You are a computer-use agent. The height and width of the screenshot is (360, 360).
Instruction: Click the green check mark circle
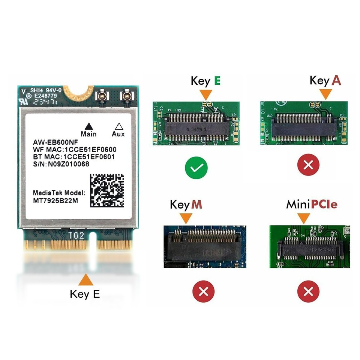pos(196,169)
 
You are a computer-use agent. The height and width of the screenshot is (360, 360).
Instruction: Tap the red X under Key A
pos(308,164)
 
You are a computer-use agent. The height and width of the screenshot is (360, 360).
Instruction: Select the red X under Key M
pos(203,291)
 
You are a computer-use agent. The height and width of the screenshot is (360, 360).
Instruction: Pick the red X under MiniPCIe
pos(308,291)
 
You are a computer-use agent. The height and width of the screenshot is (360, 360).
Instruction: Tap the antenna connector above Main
pos(101,97)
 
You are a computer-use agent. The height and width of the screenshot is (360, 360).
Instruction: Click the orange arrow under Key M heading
pos(186,218)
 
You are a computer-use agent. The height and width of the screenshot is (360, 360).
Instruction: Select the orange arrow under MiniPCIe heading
pos(303,218)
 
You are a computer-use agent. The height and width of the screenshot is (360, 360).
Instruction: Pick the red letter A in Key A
pos(336,81)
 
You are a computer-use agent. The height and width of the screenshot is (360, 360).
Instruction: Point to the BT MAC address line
pos(74,157)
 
